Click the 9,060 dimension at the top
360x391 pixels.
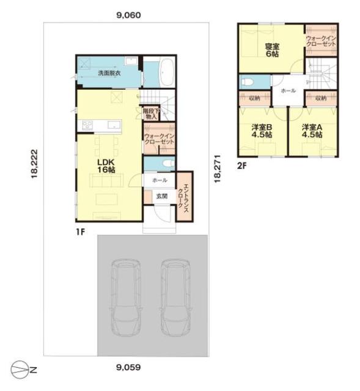(x=128, y=15)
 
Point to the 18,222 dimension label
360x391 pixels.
(x=34, y=164)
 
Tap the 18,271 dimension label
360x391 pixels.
(x=218, y=169)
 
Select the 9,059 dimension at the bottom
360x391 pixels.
(x=128, y=367)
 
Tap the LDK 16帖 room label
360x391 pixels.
(x=106, y=166)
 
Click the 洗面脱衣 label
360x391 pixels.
(x=109, y=73)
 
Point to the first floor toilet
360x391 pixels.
(x=169, y=163)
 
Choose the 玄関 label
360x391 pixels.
(x=161, y=196)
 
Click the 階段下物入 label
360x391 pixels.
(x=152, y=114)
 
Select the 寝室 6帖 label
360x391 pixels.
(x=272, y=50)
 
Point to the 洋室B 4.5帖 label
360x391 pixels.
(x=262, y=131)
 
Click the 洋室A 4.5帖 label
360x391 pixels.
(x=312, y=131)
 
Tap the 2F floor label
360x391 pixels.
(x=241, y=166)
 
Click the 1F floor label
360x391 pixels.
(x=81, y=232)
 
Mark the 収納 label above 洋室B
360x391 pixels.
(x=254, y=98)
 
